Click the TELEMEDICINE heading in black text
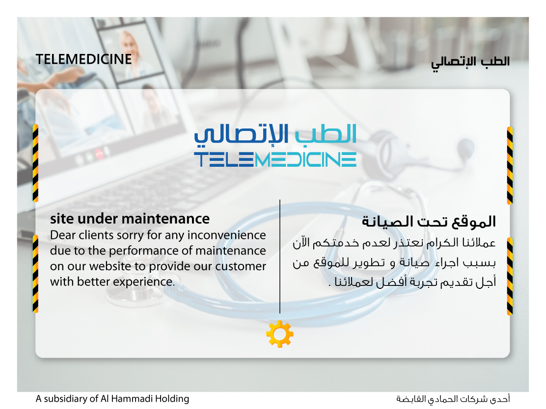click(83, 59)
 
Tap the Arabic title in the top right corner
click(470, 63)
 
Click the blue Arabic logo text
click(275, 134)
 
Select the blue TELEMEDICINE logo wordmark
click(275, 159)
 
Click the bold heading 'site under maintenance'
click(130, 219)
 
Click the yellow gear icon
click(279, 334)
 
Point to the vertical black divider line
click(279, 256)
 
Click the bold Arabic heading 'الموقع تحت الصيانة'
click(429, 222)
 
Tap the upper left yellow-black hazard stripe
click(35, 163)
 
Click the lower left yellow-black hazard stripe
click(35, 274)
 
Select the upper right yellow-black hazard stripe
click(510, 166)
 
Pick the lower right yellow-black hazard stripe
click(510, 277)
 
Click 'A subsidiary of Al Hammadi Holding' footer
click(112, 399)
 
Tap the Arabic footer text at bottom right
click(453, 399)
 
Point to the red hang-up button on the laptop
click(99, 154)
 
